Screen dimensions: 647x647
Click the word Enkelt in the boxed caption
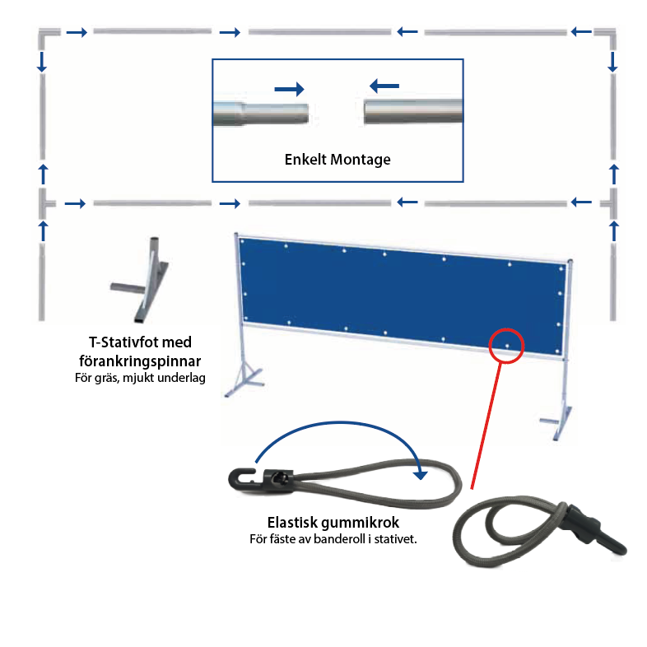click(305, 159)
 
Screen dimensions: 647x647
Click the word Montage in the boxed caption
click(361, 160)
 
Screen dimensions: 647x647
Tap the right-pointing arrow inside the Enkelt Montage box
click(289, 89)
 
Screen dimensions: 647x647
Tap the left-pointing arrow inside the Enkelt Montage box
click(384, 86)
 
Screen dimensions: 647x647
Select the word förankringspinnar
click(140, 361)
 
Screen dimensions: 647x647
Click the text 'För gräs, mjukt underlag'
click(140, 378)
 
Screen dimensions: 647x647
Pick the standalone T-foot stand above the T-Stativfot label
click(140, 279)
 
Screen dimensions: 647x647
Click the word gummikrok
click(361, 523)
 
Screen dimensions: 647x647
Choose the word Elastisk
click(292, 523)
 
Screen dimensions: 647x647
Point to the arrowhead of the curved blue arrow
click(420, 474)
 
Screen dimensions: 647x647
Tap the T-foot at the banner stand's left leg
click(244, 379)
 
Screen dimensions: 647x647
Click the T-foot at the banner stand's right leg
click(557, 423)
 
